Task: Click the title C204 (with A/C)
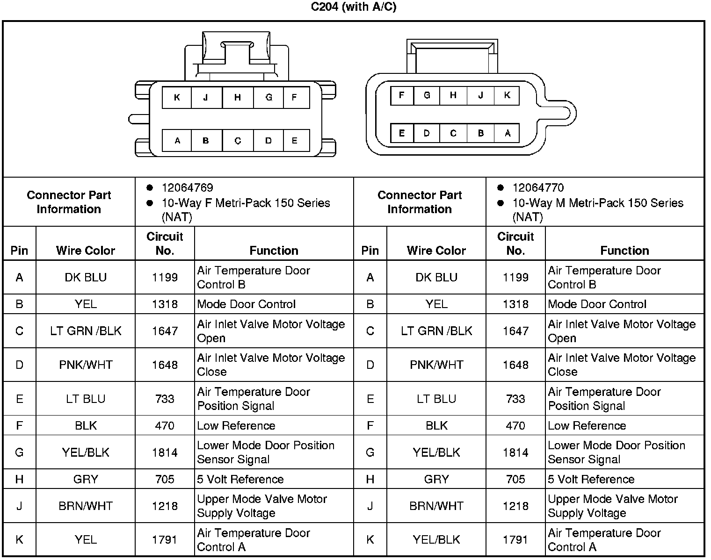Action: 354,7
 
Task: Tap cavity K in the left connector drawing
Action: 177,98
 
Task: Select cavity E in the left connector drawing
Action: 294,140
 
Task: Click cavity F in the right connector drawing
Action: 401,95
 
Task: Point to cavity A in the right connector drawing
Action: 508,133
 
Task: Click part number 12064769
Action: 187,188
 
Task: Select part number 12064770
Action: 538,188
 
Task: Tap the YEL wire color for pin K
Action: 86,540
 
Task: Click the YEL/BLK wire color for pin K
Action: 436,540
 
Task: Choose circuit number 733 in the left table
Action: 165,399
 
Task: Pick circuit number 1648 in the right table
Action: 515,365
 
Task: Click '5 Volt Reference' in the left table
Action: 240,479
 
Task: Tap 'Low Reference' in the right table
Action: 587,426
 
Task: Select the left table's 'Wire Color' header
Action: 86,251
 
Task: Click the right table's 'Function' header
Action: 624,251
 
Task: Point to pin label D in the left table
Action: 19,365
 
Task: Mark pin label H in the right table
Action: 370,479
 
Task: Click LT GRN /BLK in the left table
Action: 86,331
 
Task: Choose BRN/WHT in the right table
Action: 436,506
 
